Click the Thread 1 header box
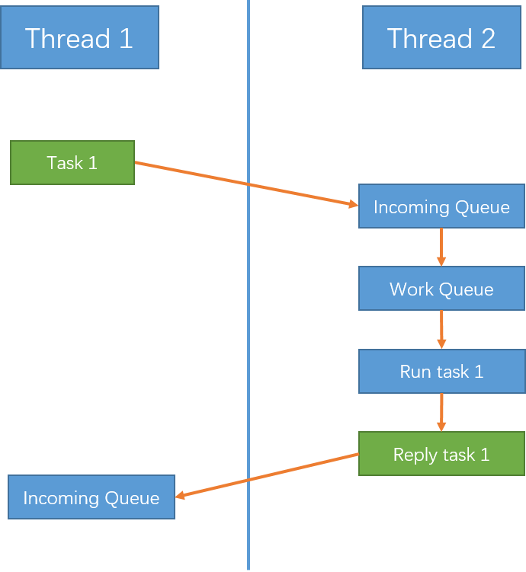79,37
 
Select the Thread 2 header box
441,37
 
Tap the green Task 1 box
72,163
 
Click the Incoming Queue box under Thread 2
441,206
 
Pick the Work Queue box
441,289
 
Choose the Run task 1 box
441,372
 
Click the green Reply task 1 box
441,454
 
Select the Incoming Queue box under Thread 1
91,497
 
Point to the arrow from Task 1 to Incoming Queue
246,184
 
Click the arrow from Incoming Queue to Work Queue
441,248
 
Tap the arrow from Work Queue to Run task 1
441,330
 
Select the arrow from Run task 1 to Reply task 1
441,412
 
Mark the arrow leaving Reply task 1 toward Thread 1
267,476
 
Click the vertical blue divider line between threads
249,286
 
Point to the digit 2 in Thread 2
488,38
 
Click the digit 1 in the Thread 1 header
126,38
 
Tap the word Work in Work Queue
412,289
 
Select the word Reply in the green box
415,455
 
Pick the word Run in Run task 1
415,372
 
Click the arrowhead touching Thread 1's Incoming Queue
180,495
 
